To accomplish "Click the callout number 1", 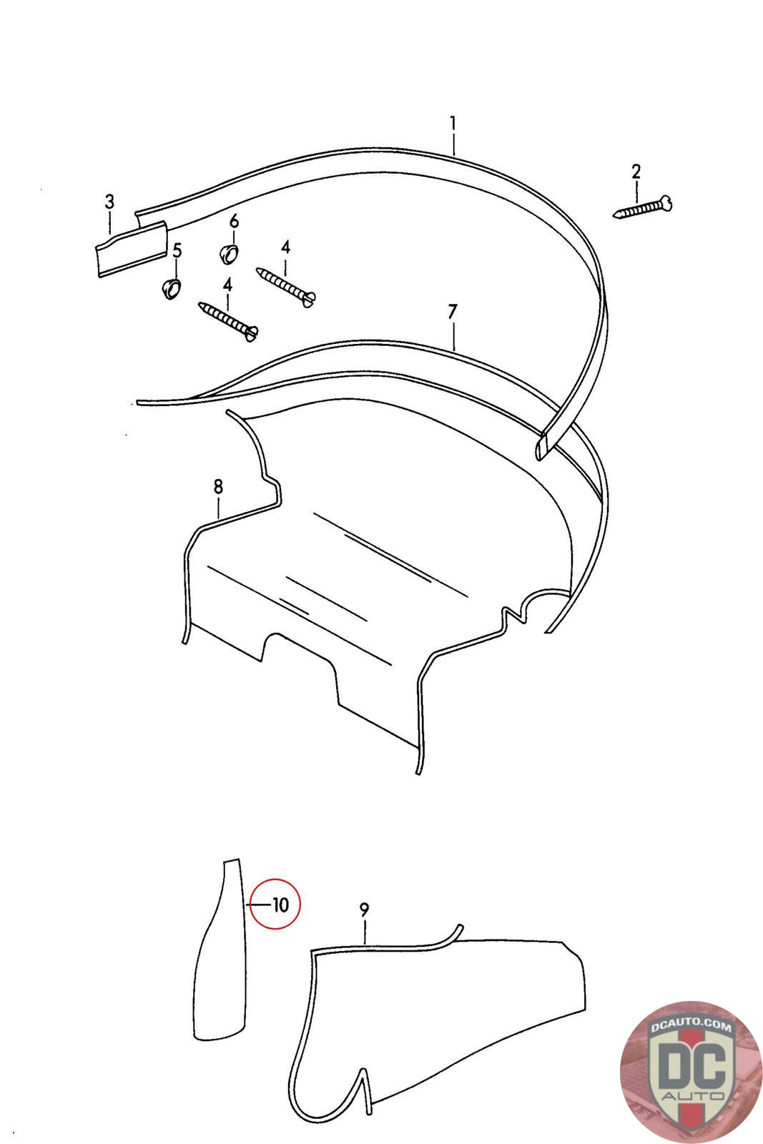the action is click(453, 124).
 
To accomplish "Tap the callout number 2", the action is click(636, 172).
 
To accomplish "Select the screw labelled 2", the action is click(642, 208).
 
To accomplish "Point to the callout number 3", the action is click(109, 202).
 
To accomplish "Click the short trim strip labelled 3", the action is click(132, 249).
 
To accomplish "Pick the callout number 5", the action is click(177, 251).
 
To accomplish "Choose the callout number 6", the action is click(234, 222).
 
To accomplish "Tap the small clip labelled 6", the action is click(228, 254).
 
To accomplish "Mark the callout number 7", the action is click(453, 312).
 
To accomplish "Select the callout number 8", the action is click(218, 487).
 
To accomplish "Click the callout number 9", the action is click(364, 909).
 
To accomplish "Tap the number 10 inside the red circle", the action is click(280, 905).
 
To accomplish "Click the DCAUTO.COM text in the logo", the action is click(690, 1025).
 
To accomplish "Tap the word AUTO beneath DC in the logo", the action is click(692, 1095).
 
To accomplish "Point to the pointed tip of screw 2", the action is click(614, 217).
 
